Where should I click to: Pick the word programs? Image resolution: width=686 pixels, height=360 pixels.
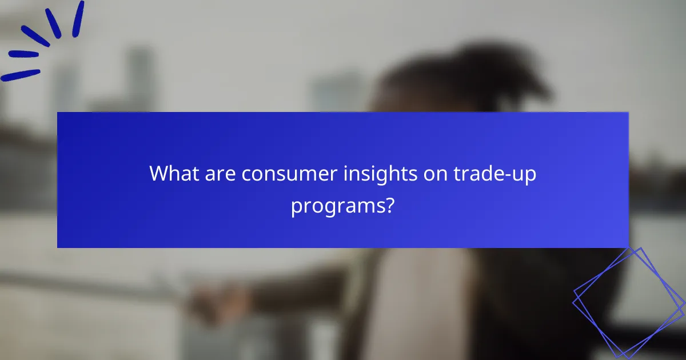(x=336, y=206)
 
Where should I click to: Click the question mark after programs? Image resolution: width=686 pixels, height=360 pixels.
(x=388, y=205)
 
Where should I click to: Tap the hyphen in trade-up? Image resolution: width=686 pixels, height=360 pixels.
(x=510, y=175)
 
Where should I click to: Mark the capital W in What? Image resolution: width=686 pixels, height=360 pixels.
(x=159, y=174)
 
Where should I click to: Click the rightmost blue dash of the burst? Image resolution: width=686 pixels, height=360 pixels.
(x=78, y=19)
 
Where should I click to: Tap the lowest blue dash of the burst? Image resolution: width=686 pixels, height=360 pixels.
(x=20, y=75)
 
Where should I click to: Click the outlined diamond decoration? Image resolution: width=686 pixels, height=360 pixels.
(x=628, y=302)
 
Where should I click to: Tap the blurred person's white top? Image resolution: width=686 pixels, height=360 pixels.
(x=423, y=303)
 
